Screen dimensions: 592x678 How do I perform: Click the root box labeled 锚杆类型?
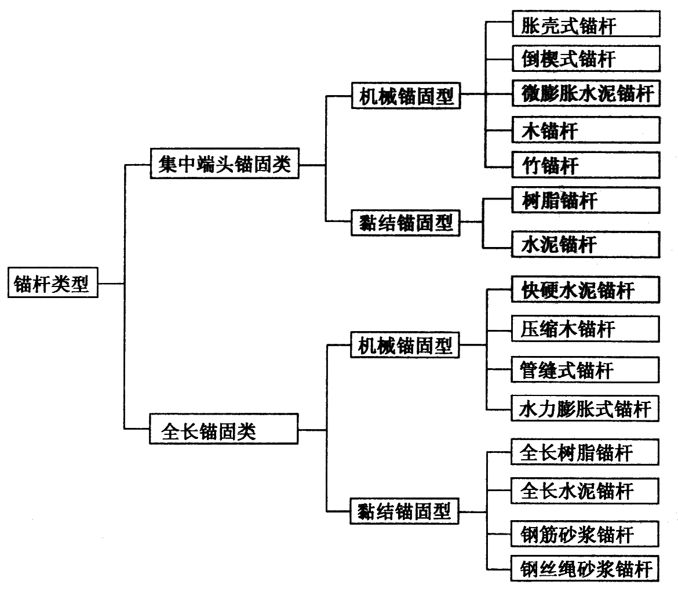(x=53, y=284)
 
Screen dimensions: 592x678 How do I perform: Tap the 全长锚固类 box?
(x=224, y=429)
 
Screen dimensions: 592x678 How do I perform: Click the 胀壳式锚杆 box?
(x=585, y=26)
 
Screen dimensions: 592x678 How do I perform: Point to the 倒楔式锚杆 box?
(x=585, y=58)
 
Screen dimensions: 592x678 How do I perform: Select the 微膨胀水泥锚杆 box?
(x=585, y=94)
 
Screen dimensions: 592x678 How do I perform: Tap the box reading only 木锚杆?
(x=585, y=130)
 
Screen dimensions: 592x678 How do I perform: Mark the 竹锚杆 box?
(x=585, y=165)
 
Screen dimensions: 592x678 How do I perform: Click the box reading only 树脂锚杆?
(x=585, y=201)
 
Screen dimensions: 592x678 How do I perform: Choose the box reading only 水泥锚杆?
(x=585, y=244)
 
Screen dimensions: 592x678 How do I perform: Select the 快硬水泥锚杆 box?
(x=585, y=289)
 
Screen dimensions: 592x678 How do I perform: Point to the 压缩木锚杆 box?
(x=585, y=329)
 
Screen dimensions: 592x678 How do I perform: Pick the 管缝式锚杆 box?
(x=585, y=369)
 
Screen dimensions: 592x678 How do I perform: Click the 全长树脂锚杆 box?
(x=585, y=452)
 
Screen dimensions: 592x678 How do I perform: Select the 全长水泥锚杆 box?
(x=585, y=491)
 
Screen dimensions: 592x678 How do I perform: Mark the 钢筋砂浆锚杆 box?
(x=585, y=533)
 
